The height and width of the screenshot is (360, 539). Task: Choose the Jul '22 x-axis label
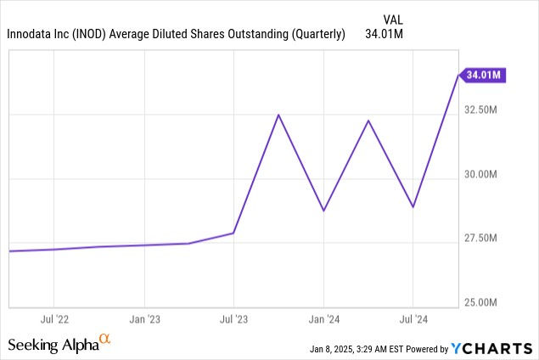tap(53, 319)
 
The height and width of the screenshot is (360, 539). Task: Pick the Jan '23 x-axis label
tap(143, 319)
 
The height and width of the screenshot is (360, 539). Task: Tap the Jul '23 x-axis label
tap(233, 319)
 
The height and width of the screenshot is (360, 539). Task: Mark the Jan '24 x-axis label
tap(323, 319)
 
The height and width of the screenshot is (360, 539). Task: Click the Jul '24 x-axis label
tap(413, 319)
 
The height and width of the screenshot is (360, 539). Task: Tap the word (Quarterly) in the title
tap(316, 35)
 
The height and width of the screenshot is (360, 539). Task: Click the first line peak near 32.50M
tap(278, 115)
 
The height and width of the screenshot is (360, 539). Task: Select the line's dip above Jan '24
tap(323, 211)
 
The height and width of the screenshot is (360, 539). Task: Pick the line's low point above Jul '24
tap(413, 207)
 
